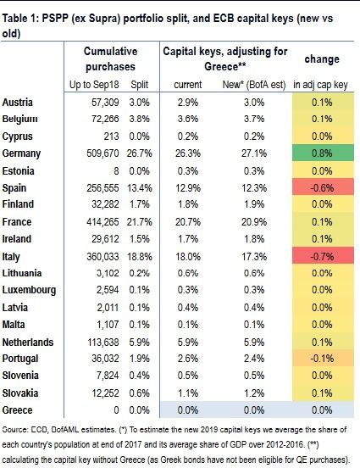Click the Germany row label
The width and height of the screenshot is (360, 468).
[x=21, y=153]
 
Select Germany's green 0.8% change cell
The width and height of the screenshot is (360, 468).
[x=323, y=153]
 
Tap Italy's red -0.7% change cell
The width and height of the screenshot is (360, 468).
[x=323, y=256]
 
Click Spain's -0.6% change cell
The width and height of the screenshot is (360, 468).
[x=323, y=187]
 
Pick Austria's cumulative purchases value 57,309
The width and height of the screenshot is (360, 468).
[x=105, y=103]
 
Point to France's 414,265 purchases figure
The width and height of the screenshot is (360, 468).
[x=102, y=222]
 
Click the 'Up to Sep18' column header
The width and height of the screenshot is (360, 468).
[x=94, y=85]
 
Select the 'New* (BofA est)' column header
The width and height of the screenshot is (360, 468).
[x=254, y=85]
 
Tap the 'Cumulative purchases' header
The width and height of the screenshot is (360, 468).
[x=110, y=58]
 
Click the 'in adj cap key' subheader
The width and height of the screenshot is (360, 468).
[x=321, y=85]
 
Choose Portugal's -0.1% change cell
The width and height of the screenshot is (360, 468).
[x=323, y=358]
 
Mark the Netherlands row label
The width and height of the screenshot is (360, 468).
[x=28, y=342]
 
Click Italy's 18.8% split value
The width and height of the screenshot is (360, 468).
[x=139, y=256]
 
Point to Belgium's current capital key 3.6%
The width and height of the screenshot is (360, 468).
[x=188, y=119]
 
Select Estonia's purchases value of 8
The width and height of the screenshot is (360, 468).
[x=116, y=171]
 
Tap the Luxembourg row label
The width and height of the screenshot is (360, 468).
[x=29, y=290]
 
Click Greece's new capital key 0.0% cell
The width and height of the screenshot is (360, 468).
[x=254, y=409]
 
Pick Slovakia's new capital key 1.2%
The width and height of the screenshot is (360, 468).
[x=254, y=393]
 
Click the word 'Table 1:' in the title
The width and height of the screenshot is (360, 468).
[x=20, y=19]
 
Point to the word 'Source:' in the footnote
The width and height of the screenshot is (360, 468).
[x=14, y=430]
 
